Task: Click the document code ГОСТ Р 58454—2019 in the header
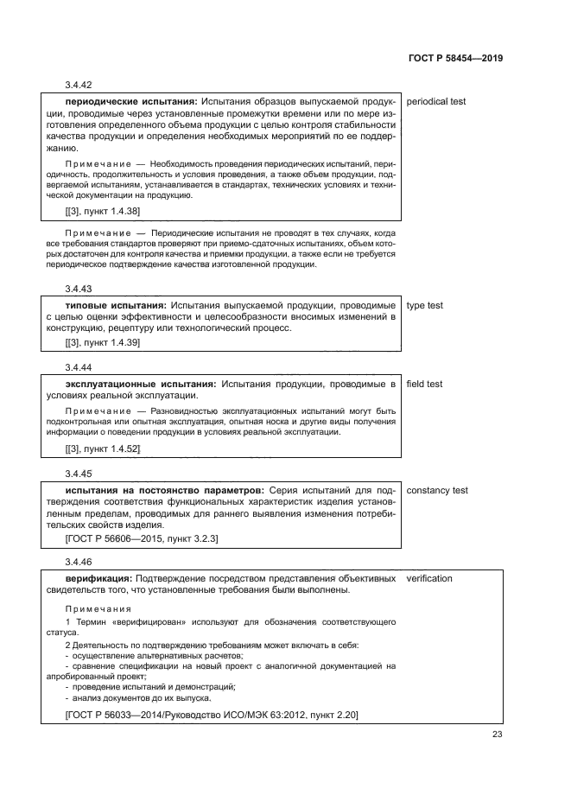pos(455,58)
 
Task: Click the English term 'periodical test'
pos(435,101)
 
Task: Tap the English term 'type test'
pos(424,305)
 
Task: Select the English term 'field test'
pos(424,384)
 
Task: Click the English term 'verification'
pos(428,578)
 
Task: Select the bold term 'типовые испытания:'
pos(116,305)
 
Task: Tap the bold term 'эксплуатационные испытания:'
pos(141,384)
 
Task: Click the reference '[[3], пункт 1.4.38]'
pos(103,211)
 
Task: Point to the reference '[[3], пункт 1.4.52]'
pos(103,449)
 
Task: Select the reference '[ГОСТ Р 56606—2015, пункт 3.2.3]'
pos(142,538)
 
